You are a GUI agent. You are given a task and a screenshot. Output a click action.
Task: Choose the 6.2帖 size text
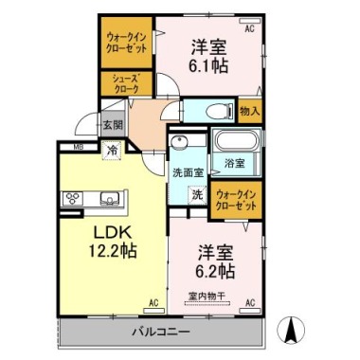coord(216,272)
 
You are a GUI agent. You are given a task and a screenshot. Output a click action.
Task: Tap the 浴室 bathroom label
coord(234,164)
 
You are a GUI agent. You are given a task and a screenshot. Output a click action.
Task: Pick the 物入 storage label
coord(249,112)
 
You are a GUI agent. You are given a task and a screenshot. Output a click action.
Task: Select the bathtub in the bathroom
coord(233,143)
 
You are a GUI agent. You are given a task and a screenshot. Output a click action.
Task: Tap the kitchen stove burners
coord(73,199)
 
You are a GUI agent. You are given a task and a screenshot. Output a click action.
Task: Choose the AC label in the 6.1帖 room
coord(250,29)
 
